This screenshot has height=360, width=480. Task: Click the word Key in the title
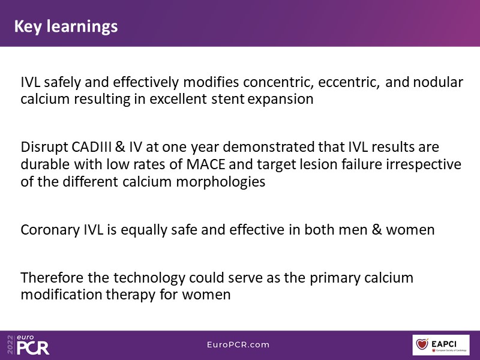(x=28, y=26)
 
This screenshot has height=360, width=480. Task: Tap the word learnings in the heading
(x=82, y=26)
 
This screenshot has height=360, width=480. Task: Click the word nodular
(x=438, y=82)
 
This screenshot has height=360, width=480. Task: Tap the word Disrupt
(x=44, y=147)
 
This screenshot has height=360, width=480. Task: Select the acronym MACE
(x=206, y=164)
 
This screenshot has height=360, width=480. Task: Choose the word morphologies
(x=220, y=182)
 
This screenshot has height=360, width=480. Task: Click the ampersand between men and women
(x=377, y=230)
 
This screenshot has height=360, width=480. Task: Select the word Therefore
(x=52, y=278)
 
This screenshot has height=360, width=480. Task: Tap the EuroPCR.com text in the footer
(x=238, y=344)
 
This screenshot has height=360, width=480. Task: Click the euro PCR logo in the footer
(x=28, y=344)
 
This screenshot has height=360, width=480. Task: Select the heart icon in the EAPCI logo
(x=422, y=344)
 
